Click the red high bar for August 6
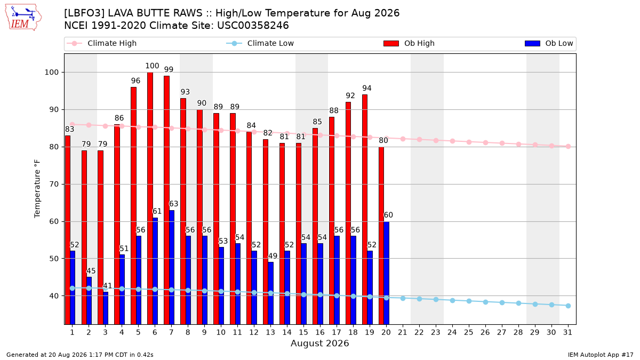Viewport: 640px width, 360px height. click(150, 198)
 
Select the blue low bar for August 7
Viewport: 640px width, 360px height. click(172, 267)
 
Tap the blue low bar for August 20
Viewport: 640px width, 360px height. click(386, 273)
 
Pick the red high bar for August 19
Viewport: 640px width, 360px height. click(365, 210)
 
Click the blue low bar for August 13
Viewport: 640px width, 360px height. click(270, 293)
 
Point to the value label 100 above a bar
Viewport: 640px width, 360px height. click(152, 66)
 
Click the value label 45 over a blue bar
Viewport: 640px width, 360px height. click(91, 271)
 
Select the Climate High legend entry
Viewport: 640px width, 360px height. click(102, 43)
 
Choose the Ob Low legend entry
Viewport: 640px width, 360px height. click(549, 43)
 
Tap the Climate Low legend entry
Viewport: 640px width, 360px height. click(260, 43)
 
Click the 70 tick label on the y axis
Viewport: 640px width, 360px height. click(54, 185)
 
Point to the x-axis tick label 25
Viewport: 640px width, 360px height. click(469, 332)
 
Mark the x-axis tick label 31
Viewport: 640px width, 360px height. click(567, 332)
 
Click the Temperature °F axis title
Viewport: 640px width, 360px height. click(37, 189)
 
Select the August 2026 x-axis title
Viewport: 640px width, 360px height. click(319, 343)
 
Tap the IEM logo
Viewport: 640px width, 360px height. click(23, 18)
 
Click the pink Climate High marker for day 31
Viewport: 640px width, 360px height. click(568, 146)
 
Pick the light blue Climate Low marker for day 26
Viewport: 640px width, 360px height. click(485, 302)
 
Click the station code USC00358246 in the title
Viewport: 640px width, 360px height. click(253, 26)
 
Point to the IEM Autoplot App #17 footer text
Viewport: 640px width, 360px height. click(601, 355)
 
